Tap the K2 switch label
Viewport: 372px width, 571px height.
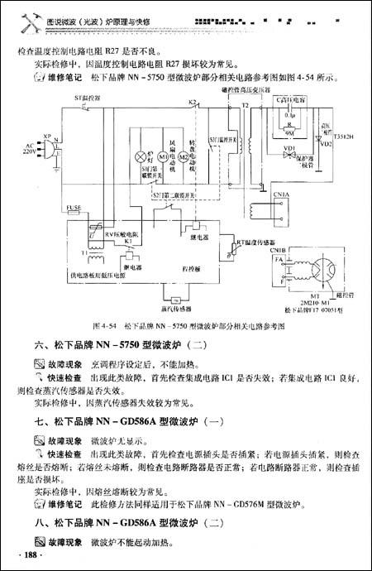[192, 103]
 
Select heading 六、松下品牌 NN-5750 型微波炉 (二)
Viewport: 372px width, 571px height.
[122, 346]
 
